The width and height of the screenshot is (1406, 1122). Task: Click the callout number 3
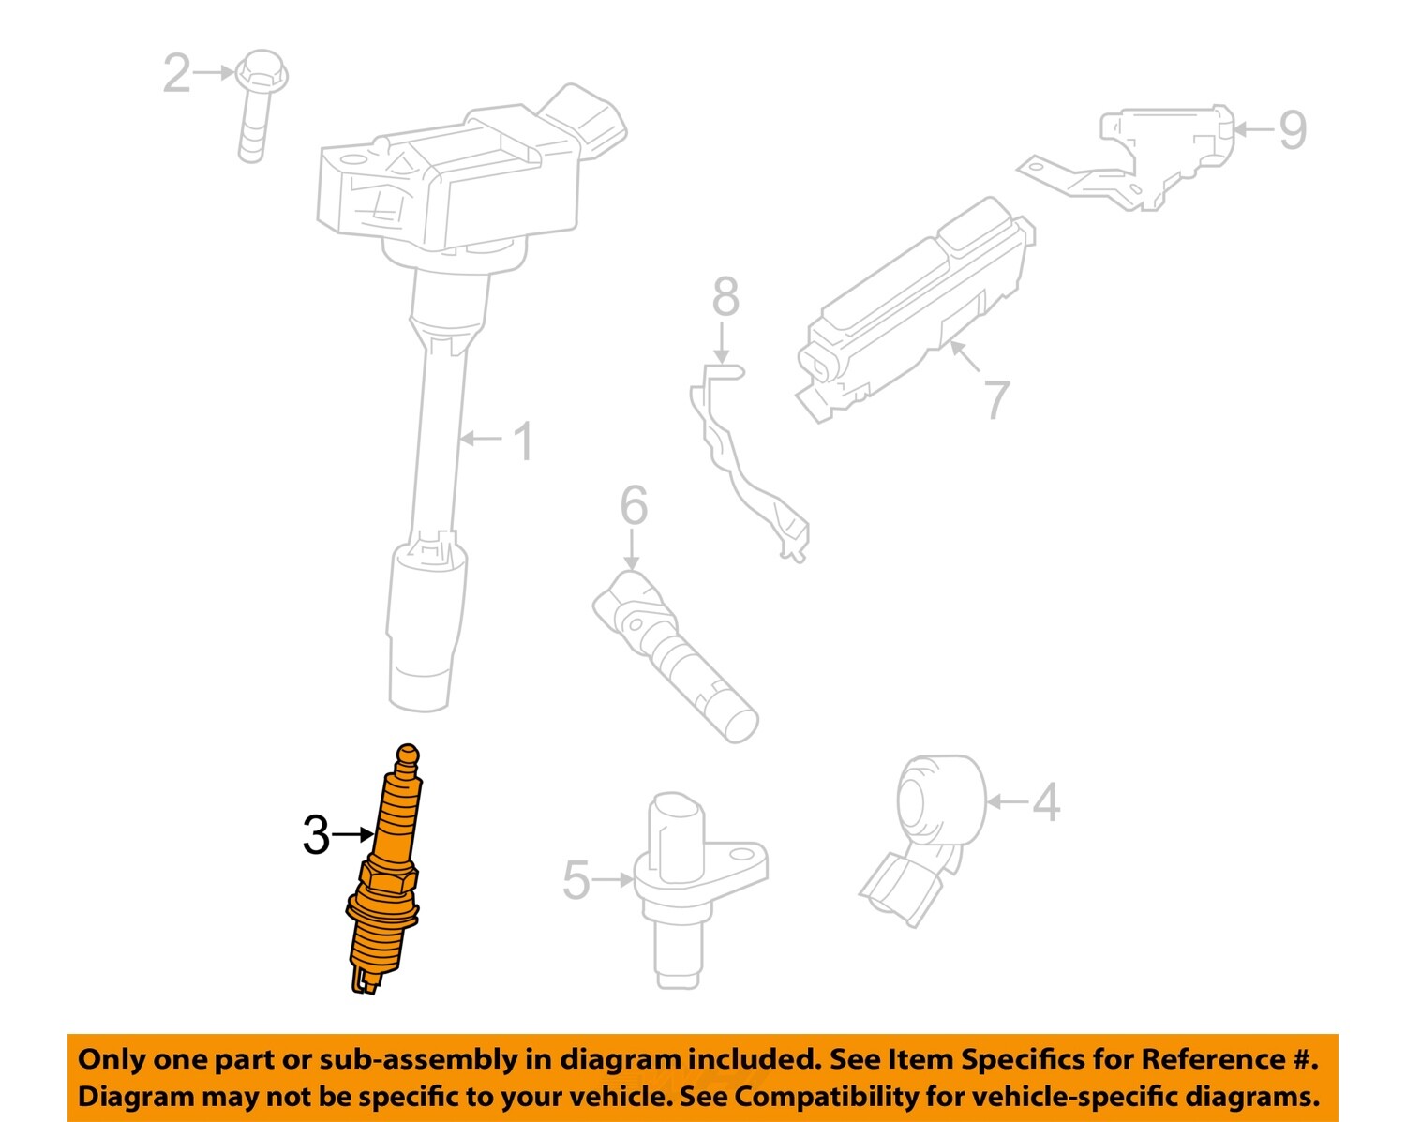[316, 835]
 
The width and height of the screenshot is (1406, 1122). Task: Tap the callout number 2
[176, 73]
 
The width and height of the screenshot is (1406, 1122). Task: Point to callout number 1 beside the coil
[523, 441]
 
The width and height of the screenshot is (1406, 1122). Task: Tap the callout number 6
[634, 506]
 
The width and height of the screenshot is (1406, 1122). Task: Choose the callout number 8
[725, 297]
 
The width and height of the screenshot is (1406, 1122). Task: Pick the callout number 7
[996, 399]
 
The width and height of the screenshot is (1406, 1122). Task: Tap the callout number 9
[1293, 129]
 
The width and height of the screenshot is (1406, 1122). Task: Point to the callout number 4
[1045, 802]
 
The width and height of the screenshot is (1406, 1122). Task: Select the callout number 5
[576, 880]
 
